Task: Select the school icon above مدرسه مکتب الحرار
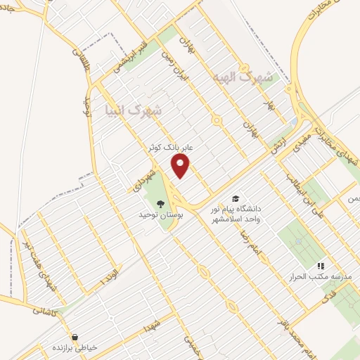click(321, 266)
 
